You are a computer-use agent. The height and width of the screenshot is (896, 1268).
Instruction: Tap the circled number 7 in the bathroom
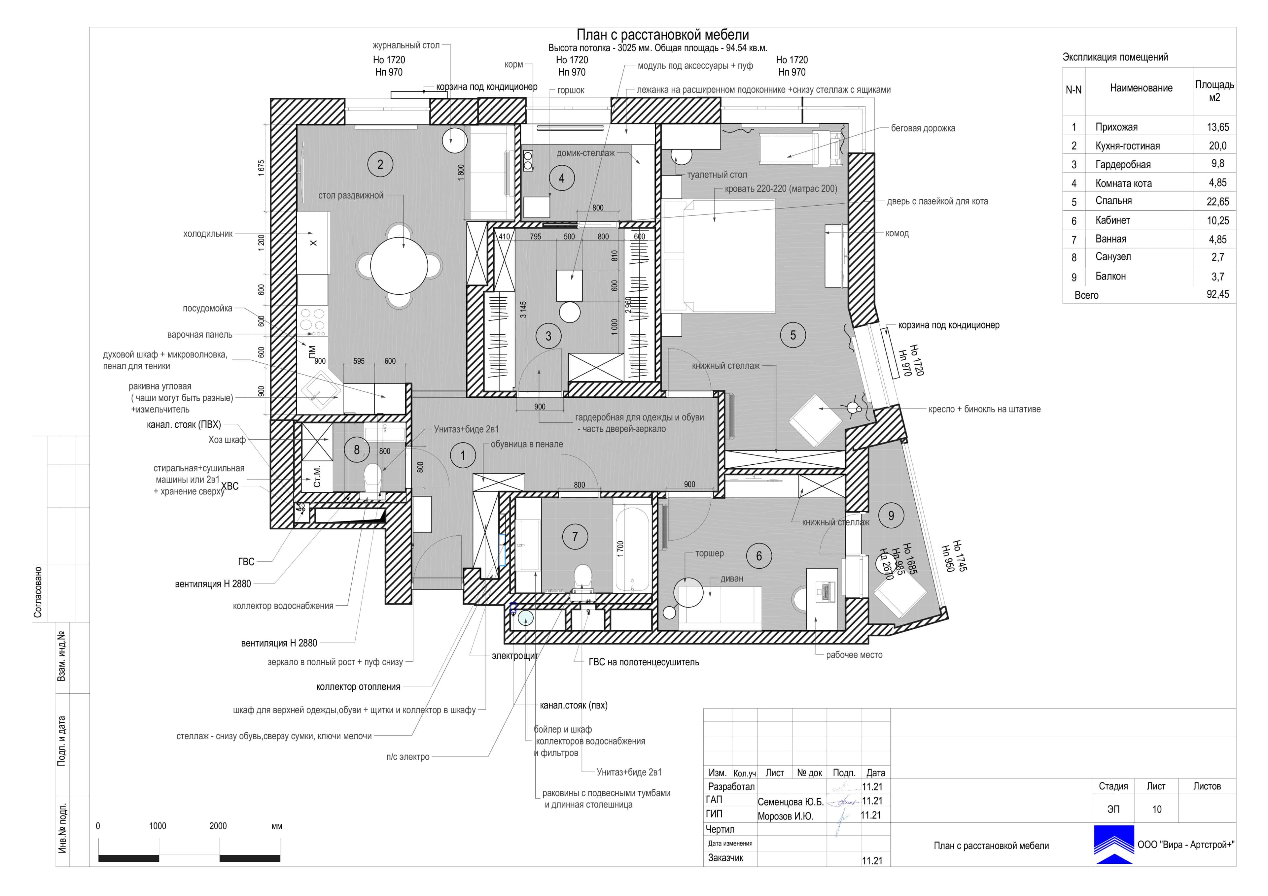575,537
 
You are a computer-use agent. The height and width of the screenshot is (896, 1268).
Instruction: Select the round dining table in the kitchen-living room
399,266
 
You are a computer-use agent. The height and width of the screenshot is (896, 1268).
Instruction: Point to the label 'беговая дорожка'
923,128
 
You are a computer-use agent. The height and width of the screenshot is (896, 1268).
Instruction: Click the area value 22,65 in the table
1218,202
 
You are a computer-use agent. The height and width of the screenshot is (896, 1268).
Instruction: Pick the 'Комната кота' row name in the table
1123,183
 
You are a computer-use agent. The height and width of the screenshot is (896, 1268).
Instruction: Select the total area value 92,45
1218,294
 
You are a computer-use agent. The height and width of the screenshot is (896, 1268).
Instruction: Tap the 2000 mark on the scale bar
218,826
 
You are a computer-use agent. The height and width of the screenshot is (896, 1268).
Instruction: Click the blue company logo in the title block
1114,845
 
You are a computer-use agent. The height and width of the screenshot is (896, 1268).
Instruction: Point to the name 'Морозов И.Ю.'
785,816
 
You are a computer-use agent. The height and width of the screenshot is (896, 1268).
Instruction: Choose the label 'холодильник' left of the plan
208,234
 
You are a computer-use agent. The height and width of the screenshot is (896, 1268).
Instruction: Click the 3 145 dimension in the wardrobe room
523,309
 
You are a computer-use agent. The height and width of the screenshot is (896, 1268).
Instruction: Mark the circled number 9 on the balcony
891,515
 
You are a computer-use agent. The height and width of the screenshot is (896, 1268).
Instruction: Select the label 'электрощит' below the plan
515,656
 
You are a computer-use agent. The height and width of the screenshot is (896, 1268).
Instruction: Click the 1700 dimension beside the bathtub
620,548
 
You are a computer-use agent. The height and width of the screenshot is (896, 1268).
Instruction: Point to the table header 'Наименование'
1141,88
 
